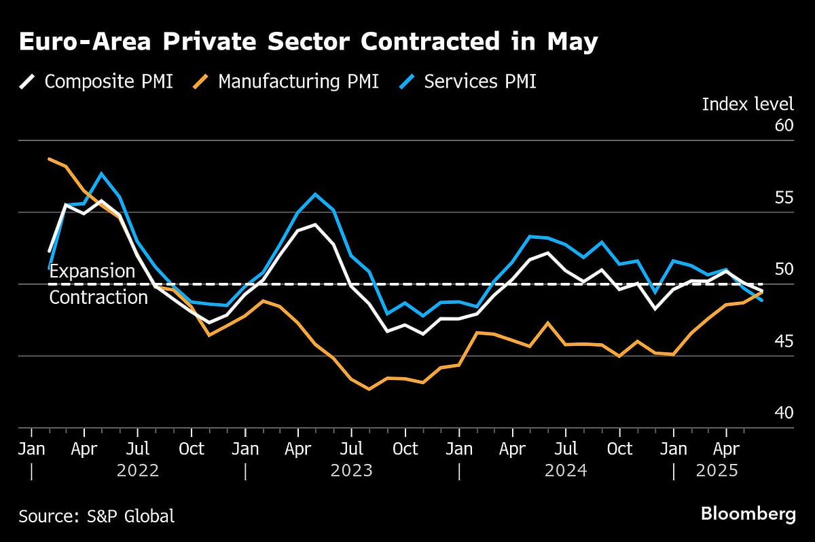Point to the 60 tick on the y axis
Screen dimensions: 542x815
783,125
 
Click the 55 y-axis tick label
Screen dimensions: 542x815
783,197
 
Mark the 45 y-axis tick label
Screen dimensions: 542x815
783,341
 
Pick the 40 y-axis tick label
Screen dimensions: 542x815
783,412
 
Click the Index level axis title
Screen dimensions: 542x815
747,104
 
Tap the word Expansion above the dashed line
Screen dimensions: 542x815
92,271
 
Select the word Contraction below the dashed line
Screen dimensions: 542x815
98,297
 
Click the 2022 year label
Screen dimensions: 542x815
138,470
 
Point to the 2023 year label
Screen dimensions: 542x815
352,470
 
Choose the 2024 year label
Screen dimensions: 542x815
566,470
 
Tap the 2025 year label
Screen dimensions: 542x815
717,470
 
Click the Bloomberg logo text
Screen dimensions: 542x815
748,514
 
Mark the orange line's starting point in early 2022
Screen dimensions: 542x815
49,159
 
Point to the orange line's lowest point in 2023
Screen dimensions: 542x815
369,389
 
